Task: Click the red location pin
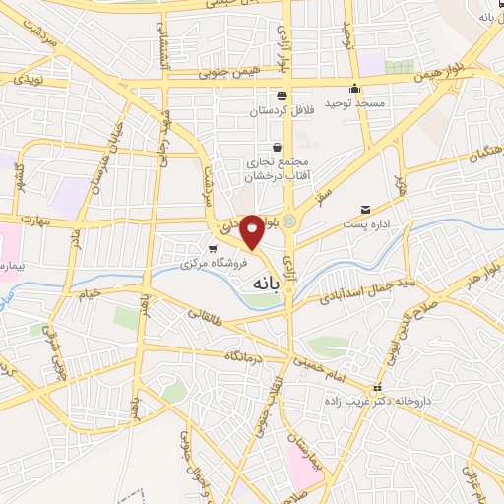coord(253,231)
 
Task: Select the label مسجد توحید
coord(361,102)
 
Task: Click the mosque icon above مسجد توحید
coord(355,88)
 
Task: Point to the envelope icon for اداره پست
coord(366,210)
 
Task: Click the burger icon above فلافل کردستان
coord(283,94)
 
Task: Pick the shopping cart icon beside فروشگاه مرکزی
coord(212,248)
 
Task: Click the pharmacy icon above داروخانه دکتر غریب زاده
coord(375,387)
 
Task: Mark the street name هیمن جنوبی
coord(229,72)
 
